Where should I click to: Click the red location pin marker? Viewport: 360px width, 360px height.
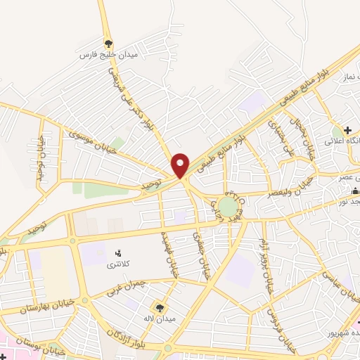pyautogui.click(x=180, y=165)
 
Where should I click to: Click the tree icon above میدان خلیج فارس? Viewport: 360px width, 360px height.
pyautogui.click(x=108, y=43)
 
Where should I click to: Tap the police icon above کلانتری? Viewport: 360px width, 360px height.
pyautogui.click(x=117, y=252)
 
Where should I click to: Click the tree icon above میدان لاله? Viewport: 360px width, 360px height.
pyautogui.click(x=160, y=307)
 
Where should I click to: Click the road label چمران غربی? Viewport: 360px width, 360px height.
pyautogui.click(x=129, y=288)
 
